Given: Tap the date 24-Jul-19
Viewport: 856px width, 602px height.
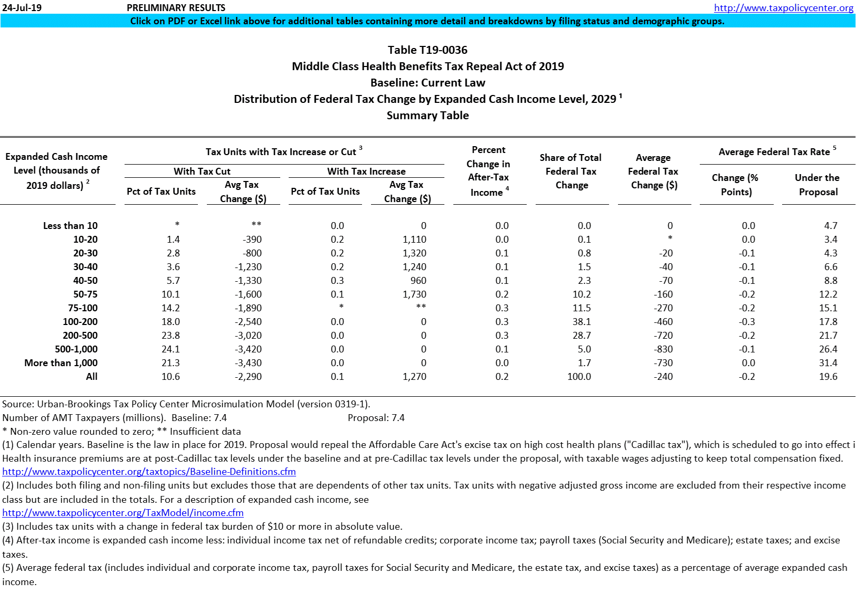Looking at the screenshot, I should pyautogui.click(x=22, y=7).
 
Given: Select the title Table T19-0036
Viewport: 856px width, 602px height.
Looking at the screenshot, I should pyautogui.click(x=427, y=50).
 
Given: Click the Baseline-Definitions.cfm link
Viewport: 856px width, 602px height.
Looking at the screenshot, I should pyautogui.click(x=149, y=472).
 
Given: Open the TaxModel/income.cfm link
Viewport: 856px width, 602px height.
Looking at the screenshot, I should pyautogui.click(x=123, y=513).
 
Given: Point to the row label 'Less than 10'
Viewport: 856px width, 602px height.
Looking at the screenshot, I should pyautogui.click(x=70, y=226).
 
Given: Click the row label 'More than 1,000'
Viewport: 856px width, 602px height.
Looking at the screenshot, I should pyautogui.click(x=61, y=363).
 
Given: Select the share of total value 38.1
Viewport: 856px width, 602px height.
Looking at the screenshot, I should pyautogui.click(x=582, y=322).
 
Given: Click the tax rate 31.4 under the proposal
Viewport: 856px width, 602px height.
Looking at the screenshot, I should pyautogui.click(x=828, y=363).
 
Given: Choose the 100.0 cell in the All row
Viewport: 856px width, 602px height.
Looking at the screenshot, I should pyautogui.click(x=579, y=377).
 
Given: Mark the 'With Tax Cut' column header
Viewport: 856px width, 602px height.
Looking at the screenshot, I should pyautogui.click(x=202, y=171).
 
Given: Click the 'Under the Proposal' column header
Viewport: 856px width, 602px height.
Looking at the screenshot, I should pyautogui.click(x=817, y=185).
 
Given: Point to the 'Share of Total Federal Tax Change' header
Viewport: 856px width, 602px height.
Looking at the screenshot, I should pyautogui.click(x=571, y=171).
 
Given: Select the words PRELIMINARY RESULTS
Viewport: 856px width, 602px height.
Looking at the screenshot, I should pyautogui.click(x=176, y=7).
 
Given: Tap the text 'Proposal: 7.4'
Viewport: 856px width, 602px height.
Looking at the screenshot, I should pyautogui.click(x=376, y=418).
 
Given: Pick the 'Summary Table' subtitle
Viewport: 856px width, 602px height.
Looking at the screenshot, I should pyautogui.click(x=427, y=116).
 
